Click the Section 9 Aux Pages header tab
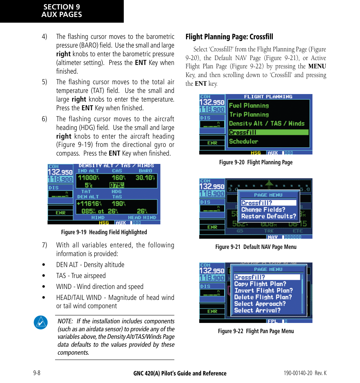pos(62,11)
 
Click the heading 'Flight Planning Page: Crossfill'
pos(229,37)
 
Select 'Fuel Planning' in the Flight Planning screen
pos(249,106)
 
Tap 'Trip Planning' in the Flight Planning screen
pos(249,114)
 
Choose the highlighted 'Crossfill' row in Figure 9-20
pos(268,133)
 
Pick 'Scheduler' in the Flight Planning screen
pos(243,141)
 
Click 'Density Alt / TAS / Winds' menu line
pos(266,124)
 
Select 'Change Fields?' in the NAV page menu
pos(263,210)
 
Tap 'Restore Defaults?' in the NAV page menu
pos(268,216)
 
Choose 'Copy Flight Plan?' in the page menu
pos(260,284)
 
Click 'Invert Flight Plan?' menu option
pos(263,290)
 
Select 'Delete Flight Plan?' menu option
pos(263,297)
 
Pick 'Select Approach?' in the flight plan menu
pos(260,304)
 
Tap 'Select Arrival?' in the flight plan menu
pos(257,310)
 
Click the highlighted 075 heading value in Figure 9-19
pos(117,185)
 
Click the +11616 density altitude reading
pos(89,204)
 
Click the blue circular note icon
pos(40,322)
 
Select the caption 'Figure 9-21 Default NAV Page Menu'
pos(255,247)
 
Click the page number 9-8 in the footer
pos(37,373)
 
